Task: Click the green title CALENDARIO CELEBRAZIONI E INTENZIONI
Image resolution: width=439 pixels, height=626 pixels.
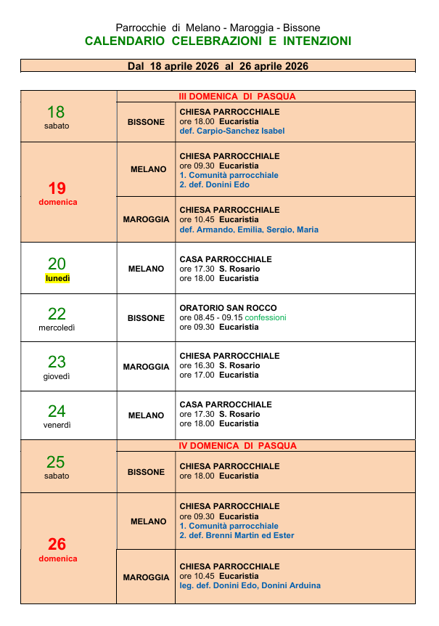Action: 218,41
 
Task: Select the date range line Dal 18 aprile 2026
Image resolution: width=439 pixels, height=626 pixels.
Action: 218,66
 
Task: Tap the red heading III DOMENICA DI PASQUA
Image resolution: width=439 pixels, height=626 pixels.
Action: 237,97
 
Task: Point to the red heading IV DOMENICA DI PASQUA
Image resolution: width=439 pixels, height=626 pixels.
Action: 237,446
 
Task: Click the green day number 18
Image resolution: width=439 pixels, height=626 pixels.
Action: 56,112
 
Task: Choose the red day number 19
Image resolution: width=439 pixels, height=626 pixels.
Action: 57,189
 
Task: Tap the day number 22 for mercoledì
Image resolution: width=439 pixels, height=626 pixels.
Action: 57,314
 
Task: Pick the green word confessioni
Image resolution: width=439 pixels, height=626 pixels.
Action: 266,318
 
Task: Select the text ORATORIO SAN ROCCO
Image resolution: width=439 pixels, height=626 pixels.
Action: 228,308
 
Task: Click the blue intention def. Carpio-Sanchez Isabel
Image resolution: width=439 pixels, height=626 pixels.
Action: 231,131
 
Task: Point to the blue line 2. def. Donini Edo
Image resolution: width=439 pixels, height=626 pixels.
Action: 214,184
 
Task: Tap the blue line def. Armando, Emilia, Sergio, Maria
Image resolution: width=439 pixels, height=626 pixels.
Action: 248,229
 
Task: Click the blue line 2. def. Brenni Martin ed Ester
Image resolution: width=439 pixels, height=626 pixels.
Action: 237,535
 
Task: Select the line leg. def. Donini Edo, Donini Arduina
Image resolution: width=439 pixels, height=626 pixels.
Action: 250,585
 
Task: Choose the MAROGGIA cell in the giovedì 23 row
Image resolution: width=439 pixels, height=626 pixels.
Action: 146,367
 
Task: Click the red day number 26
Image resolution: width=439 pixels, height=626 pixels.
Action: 57,544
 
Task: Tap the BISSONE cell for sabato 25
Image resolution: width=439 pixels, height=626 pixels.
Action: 146,472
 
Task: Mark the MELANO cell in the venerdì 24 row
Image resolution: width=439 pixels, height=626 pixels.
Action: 146,415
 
